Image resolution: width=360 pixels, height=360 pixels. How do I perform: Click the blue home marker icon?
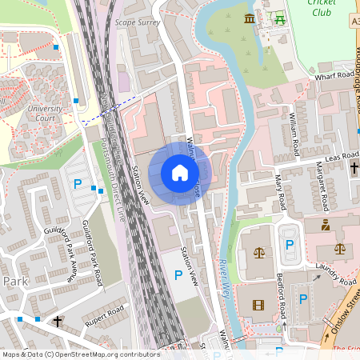tap(180, 172)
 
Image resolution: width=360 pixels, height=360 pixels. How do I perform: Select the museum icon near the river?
tap(250, 18)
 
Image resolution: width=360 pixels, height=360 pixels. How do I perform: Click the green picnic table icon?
tap(279, 18)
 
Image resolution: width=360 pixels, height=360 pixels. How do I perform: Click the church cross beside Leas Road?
tap(354, 168)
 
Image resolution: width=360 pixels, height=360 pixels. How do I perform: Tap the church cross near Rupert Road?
tap(58, 322)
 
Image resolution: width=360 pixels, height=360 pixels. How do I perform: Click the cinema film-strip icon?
tap(258, 304)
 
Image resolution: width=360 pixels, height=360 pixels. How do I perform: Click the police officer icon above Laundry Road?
tap(326, 226)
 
